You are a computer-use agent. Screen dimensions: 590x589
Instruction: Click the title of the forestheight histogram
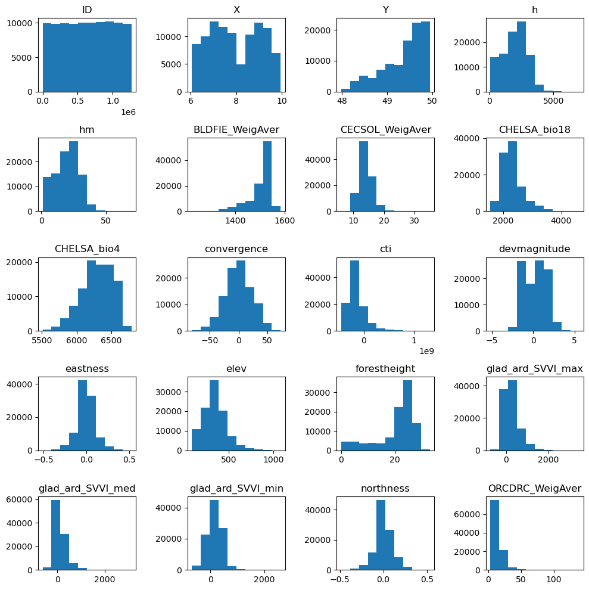point(385,369)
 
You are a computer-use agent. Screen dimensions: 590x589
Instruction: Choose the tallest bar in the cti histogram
point(354,295)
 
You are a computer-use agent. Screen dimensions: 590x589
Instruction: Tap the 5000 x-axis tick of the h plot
point(553,101)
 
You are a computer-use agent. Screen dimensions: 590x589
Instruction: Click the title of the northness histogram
point(385,489)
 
